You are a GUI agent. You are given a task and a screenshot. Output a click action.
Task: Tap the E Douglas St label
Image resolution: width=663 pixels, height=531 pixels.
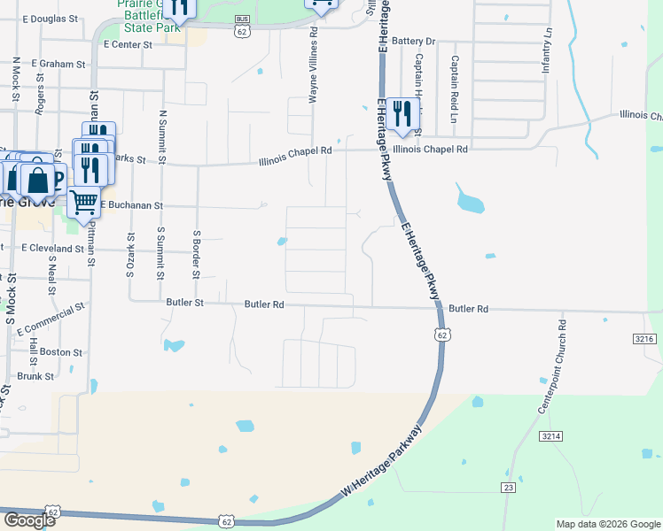click(x=51, y=19)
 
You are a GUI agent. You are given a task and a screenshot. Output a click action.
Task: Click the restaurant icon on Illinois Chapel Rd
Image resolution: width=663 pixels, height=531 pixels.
click(x=402, y=114)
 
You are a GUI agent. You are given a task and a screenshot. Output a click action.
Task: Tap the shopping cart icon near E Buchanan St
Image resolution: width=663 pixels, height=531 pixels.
click(x=83, y=202)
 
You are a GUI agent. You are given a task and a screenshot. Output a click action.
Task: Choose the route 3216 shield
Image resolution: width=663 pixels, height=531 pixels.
click(x=645, y=339)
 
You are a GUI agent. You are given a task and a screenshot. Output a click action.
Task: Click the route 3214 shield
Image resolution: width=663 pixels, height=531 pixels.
click(x=551, y=435)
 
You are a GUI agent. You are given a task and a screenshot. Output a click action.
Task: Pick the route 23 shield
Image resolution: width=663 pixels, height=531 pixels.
click(x=508, y=488)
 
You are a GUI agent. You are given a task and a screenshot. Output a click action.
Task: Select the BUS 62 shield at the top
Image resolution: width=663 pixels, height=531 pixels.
click(x=242, y=26)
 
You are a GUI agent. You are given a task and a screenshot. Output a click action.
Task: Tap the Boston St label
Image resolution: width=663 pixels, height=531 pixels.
click(x=61, y=352)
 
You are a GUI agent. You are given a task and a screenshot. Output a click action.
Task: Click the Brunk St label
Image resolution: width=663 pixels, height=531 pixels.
click(x=36, y=376)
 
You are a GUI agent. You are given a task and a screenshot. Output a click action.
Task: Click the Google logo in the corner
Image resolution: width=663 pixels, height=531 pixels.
click(x=28, y=520)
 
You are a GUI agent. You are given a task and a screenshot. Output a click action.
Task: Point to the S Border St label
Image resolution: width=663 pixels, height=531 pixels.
click(x=196, y=254)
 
